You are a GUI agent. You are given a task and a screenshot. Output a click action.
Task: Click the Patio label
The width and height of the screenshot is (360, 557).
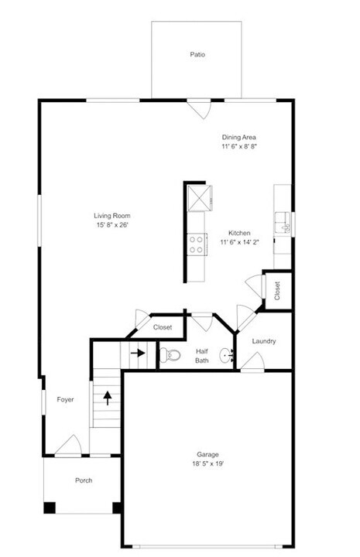(x=197, y=55)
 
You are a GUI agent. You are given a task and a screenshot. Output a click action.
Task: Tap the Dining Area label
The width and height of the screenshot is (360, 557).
(x=238, y=137)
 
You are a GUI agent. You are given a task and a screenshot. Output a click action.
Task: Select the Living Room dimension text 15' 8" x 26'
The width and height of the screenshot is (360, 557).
(x=111, y=224)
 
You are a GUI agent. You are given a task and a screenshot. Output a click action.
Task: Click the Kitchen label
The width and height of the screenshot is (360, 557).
(x=238, y=232)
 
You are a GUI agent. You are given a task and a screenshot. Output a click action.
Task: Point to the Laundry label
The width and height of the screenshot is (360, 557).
(x=264, y=341)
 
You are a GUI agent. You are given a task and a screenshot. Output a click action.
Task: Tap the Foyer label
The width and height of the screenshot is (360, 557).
(x=65, y=399)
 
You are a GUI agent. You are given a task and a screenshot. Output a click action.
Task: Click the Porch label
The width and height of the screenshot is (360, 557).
(x=84, y=480)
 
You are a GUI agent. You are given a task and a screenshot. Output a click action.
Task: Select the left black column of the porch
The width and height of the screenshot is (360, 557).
(x=50, y=508)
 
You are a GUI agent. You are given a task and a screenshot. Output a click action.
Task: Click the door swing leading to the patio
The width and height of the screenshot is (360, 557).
(x=201, y=109)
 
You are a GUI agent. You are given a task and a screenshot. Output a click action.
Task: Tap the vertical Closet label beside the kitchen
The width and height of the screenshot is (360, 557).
(x=276, y=289)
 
